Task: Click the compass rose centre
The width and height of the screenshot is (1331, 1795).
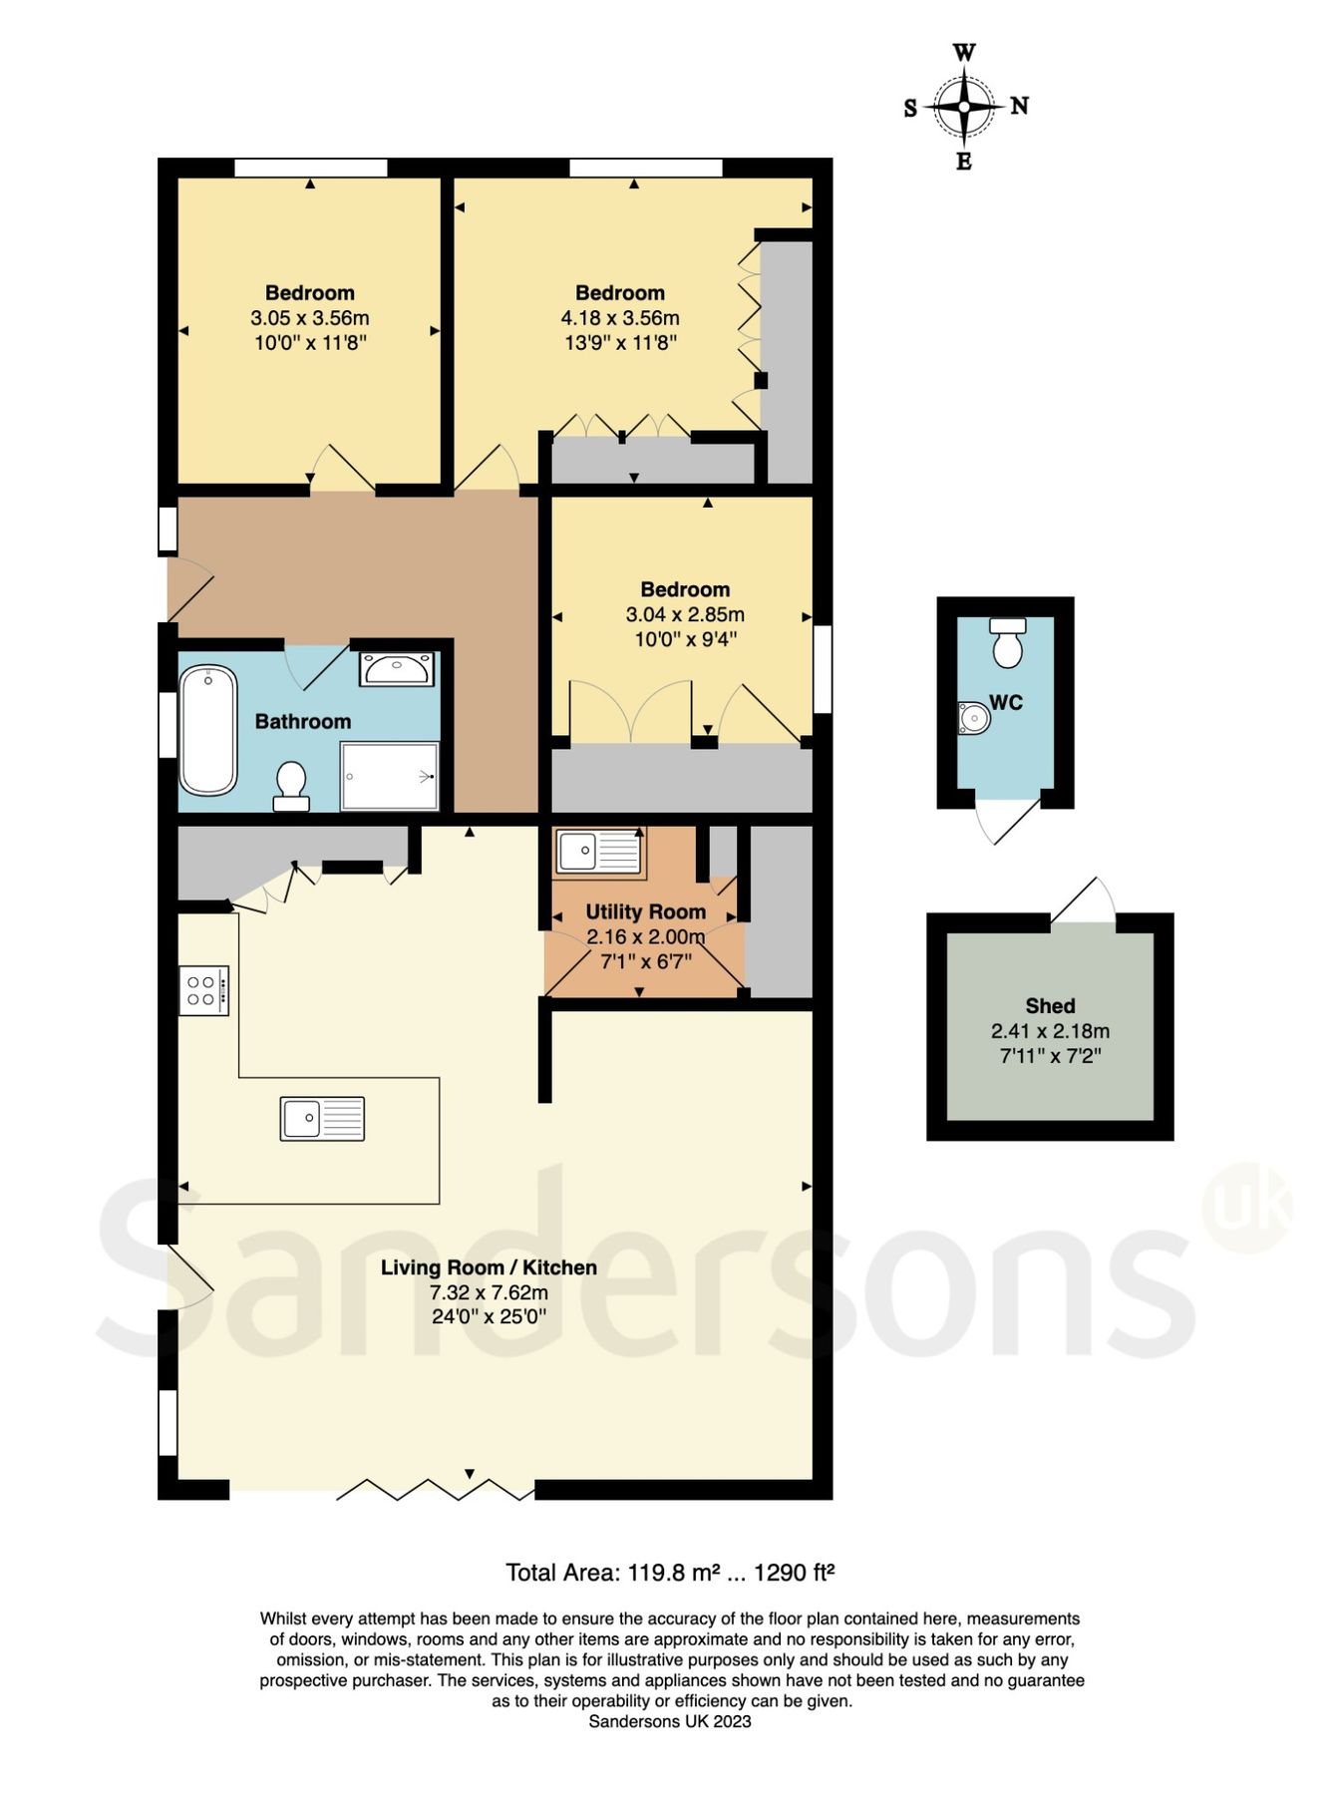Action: pos(964,106)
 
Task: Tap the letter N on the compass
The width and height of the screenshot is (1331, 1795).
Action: pos(1019,106)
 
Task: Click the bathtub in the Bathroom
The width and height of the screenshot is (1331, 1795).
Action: pos(208,730)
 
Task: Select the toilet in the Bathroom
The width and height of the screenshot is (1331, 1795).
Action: pos(291,786)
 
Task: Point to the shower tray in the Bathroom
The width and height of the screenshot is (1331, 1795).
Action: pos(389,776)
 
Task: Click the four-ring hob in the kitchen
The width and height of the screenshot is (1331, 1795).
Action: pos(204,990)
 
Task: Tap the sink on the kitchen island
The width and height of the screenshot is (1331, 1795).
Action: pos(322,1118)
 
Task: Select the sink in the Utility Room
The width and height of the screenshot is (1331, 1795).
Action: pos(598,852)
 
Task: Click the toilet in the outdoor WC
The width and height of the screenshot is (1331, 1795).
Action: pos(1008,643)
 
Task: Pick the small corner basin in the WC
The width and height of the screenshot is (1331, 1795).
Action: pos(973,718)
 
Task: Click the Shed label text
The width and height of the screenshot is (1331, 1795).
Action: pos(1050,1006)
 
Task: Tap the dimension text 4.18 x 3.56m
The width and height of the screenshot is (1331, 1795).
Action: pos(619,318)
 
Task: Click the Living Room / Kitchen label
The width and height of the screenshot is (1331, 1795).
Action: pos(489,1267)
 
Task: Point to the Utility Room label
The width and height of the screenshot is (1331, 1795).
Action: pos(645,911)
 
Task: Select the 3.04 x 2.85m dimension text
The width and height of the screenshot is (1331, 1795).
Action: pos(685,614)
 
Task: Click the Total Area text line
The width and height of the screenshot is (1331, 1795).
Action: pos(669,1573)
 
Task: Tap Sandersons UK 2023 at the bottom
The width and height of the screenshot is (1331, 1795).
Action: pos(669,1721)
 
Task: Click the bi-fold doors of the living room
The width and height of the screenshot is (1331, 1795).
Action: pos(435,1491)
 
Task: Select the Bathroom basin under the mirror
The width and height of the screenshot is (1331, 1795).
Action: pos(396,669)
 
